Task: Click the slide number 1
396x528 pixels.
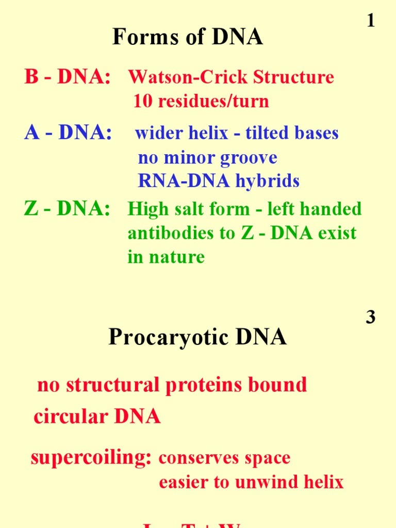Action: tap(370, 21)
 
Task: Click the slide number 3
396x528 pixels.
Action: tap(370, 317)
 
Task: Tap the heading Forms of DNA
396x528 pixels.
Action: tap(188, 38)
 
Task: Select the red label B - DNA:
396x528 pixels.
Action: tap(67, 77)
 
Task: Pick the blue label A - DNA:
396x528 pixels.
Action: tap(68, 133)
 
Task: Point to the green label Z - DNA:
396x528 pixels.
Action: tap(67, 209)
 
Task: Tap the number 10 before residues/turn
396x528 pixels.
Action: tap(142, 101)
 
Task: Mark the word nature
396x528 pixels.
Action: tap(177, 257)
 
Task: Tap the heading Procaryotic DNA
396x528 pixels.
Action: tap(197, 338)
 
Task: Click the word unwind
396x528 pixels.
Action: tap(263, 483)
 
